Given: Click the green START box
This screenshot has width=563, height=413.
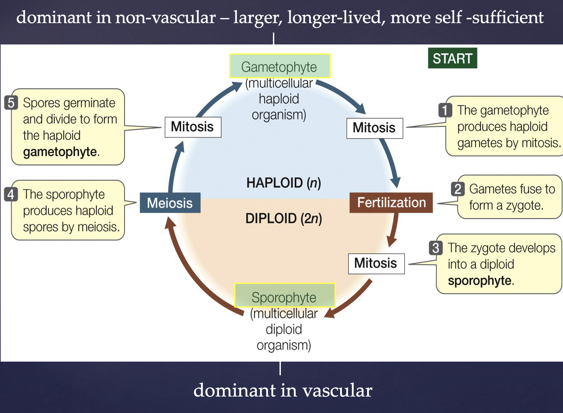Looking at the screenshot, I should (x=452, y=58).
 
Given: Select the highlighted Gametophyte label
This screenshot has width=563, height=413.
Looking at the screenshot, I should (x=280, y=66).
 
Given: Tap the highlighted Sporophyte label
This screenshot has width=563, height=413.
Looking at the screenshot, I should (x=284, y=295).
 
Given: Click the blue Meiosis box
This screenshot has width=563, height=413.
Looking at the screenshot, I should (x=170, y=203).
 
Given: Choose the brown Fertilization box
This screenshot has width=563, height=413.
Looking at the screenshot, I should (x=391, y=203).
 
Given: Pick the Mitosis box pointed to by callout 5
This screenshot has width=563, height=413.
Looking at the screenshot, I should (x=193, y=127).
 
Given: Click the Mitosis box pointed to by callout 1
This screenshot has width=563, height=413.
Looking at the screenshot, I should (x=374, y=128).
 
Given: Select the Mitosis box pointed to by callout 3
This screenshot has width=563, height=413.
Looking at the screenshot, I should (x=376, y=263).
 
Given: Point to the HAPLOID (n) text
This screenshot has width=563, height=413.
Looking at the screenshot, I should (x=283, y=183).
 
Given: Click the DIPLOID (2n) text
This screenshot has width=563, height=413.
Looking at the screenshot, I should (x=283, y=218).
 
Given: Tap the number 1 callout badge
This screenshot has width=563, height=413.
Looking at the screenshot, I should (x=445, y=110).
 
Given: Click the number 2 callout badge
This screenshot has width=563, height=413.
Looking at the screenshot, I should (x=458, y=189).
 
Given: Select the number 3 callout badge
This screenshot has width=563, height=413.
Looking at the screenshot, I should (x=436, y=248).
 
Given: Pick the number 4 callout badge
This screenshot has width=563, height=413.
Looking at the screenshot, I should (x=11, y=194).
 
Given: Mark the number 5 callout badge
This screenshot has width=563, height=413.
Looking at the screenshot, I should (x=11, y=102).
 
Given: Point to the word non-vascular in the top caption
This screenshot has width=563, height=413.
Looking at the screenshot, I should (x=166, y=17).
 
